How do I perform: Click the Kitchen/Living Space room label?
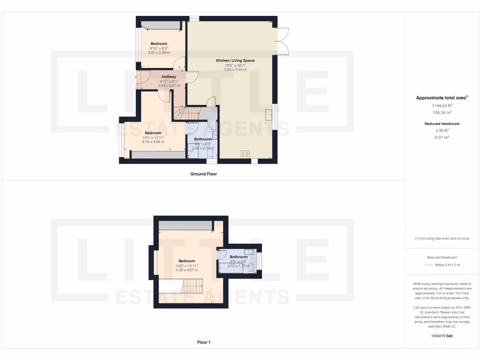coord(235,60)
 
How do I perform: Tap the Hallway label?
coord(169,76)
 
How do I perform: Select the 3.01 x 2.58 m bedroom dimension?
coord(158,52)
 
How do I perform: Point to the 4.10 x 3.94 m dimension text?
coord(153,142)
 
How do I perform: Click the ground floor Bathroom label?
coord(203,139)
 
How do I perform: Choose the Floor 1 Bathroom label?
coord(239,257)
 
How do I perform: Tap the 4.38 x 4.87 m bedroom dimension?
coord(187,270)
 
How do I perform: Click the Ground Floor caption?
coord(203,174)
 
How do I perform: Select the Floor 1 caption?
coord(203,342)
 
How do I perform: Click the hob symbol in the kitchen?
coord(245,154)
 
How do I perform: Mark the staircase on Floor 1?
coord(192,285)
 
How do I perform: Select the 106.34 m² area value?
coord(442,112)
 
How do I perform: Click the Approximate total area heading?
coord(442,98)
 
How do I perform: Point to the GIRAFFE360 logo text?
coord(442,336)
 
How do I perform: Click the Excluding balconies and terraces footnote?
coord(442,239)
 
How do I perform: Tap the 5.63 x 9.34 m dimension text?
coord(235,69)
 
